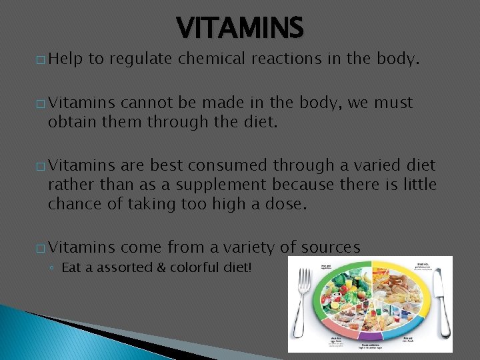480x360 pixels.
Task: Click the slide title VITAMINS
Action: pos(240,28)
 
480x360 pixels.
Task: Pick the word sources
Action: pos(331,248)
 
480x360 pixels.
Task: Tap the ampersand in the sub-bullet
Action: pos(139,268)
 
